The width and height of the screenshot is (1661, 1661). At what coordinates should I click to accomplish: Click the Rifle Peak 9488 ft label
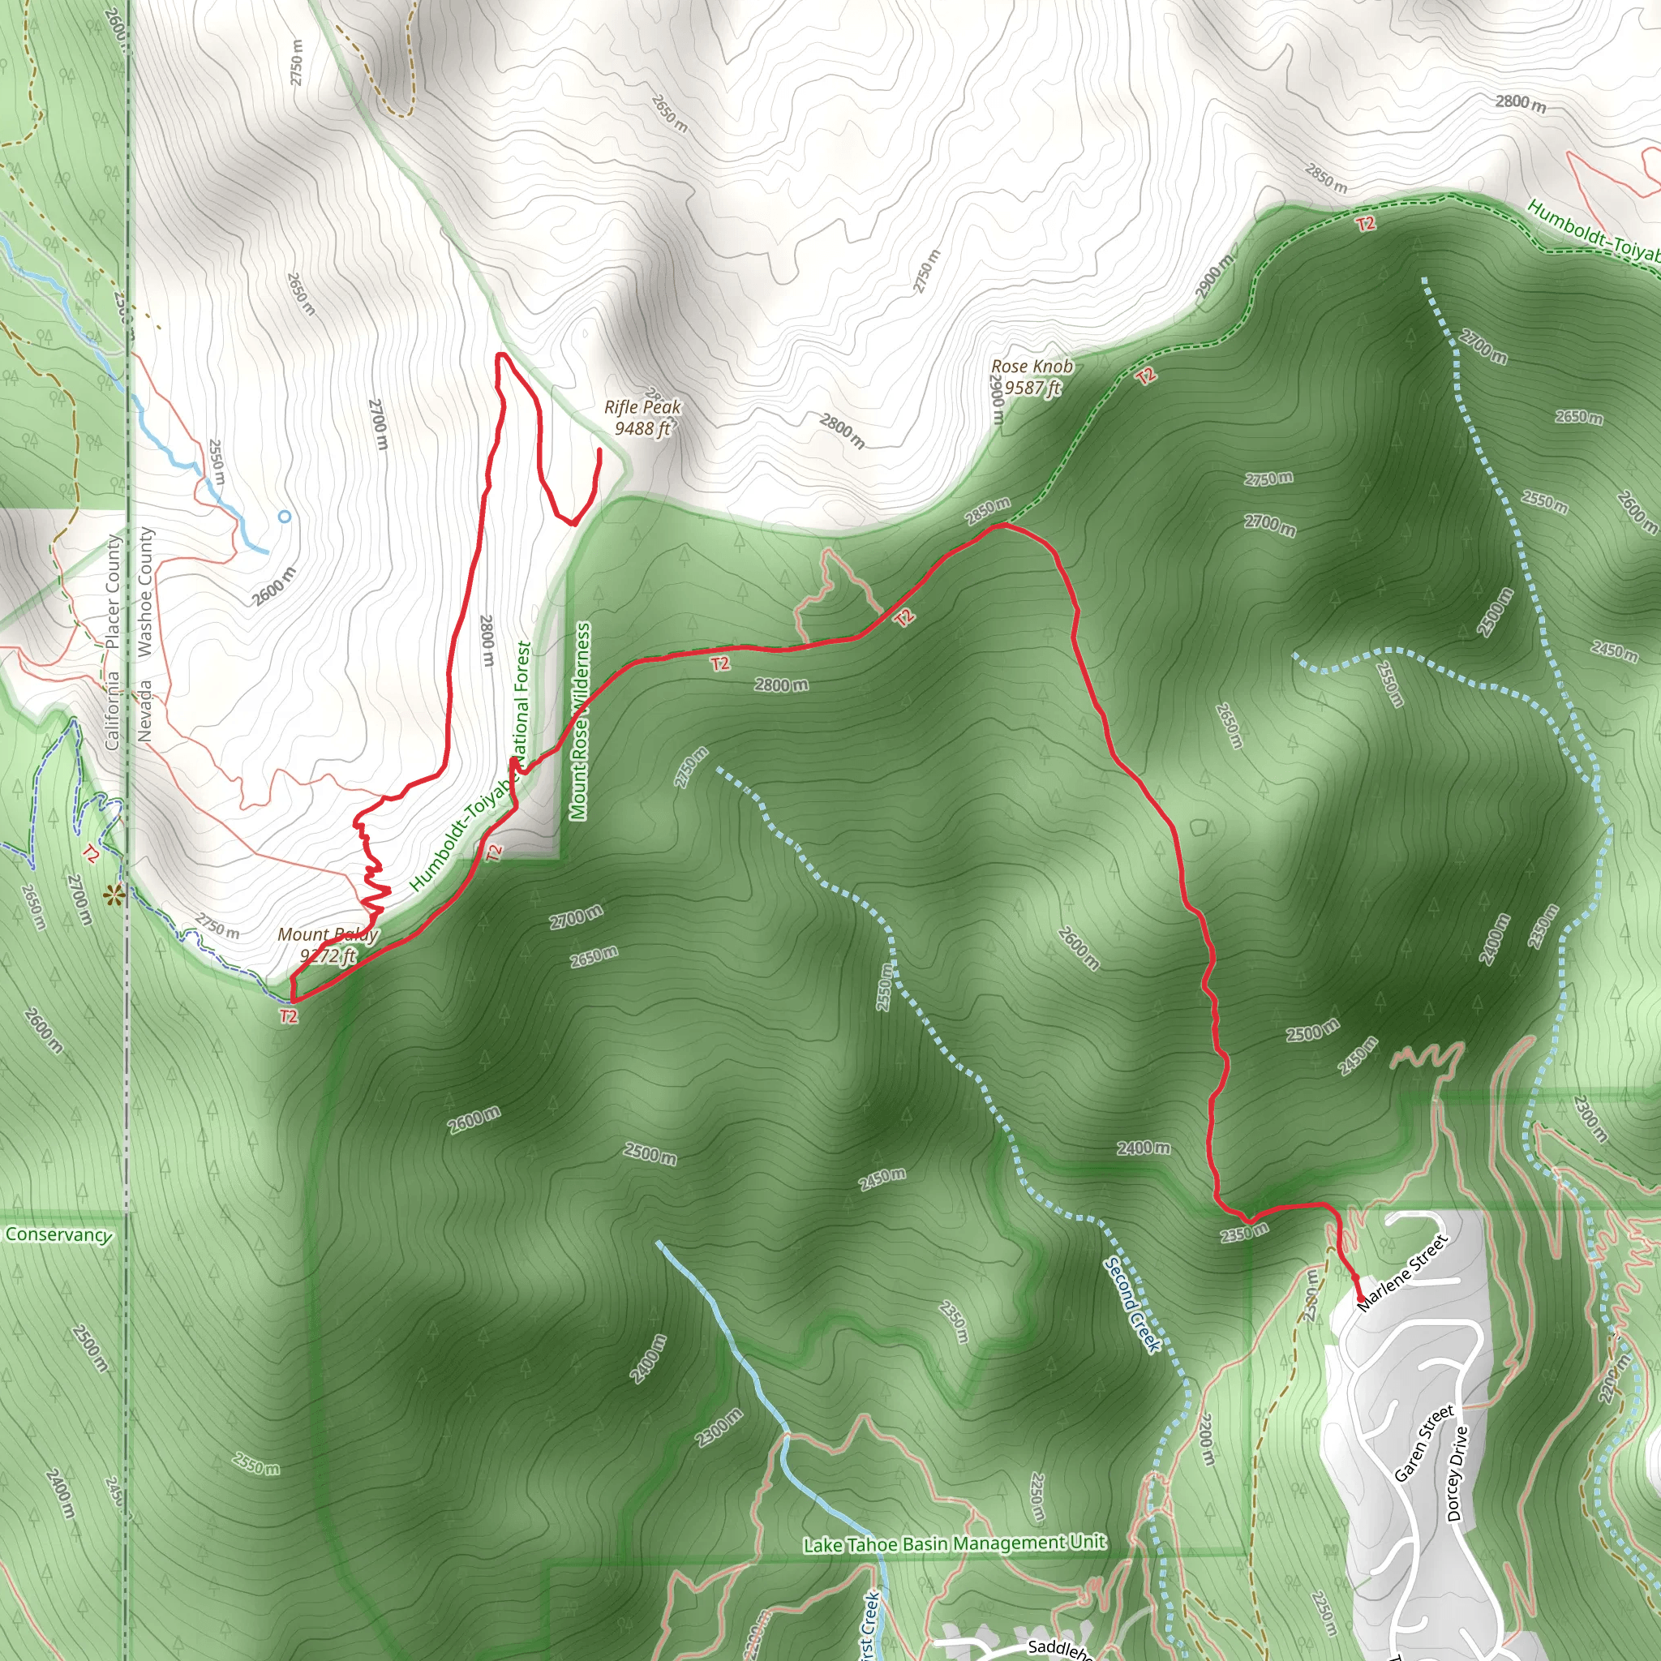tap(642, 417)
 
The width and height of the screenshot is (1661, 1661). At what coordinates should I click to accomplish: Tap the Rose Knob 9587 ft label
tap(1032, 376)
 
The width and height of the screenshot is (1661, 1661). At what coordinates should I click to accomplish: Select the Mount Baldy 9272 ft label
tap(328, 944)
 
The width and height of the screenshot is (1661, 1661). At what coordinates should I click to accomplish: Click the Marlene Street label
tap(1402, 1273)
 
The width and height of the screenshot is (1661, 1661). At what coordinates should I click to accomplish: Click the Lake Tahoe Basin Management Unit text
tap(955, 1543)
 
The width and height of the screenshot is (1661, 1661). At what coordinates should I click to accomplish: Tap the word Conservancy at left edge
tap(58, 1234)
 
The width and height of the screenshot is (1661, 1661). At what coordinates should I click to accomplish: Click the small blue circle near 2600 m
tap(285, 517)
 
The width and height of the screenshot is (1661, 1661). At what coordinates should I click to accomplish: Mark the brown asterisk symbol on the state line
tap(114, 897)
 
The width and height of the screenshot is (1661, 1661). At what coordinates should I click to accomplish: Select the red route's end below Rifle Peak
tap(599, 449)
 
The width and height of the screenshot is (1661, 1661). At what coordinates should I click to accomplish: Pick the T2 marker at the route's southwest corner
tap(289, 1016)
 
